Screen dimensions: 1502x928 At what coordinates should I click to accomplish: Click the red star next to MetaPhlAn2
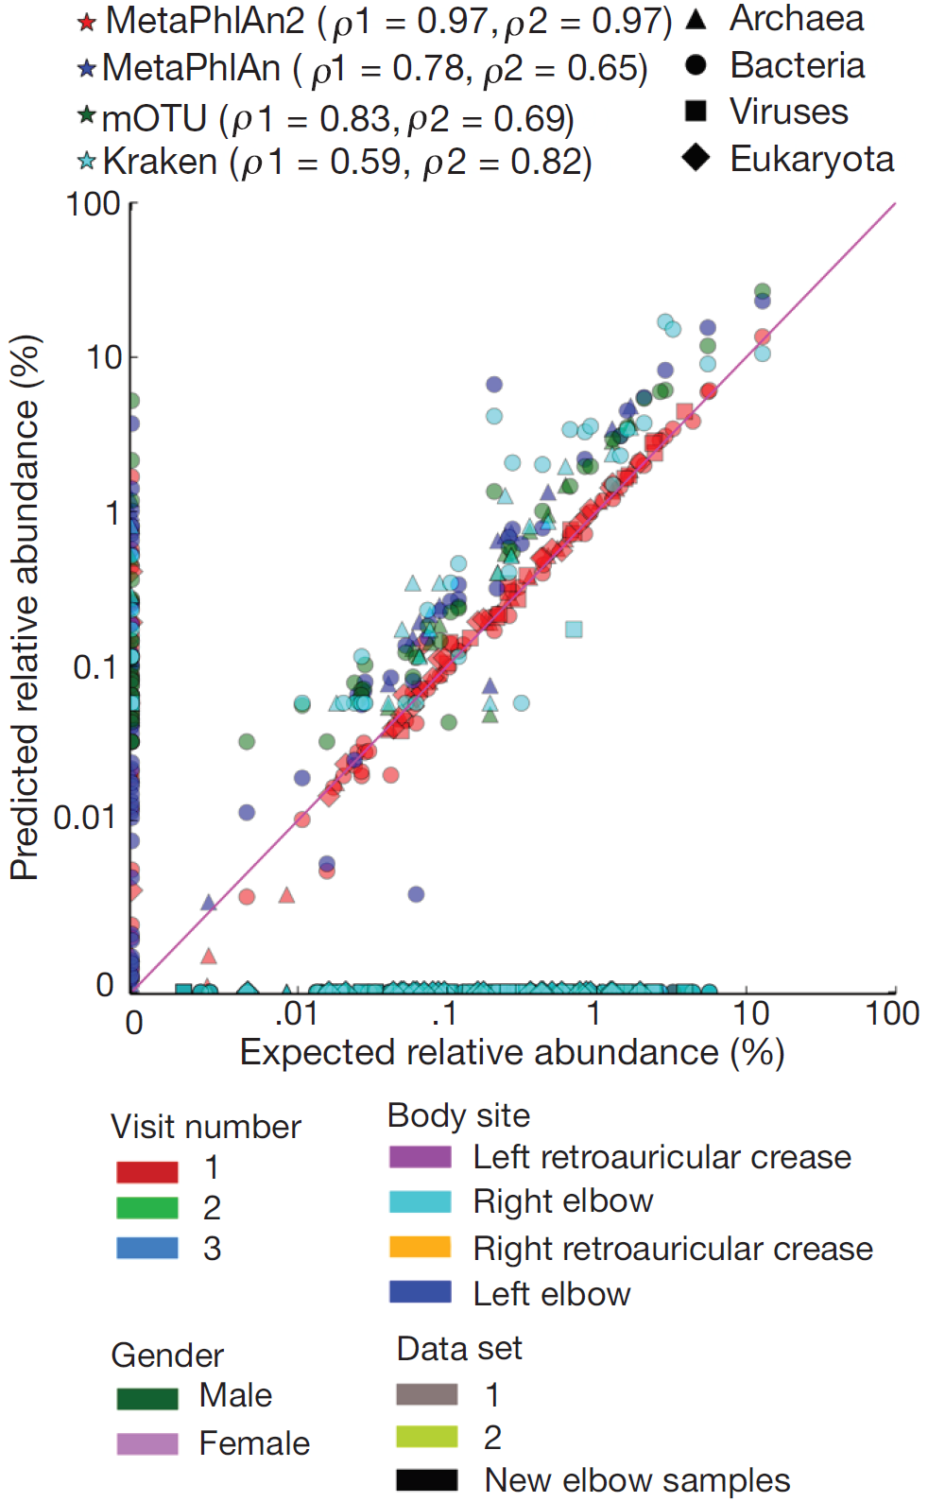coord(86,22)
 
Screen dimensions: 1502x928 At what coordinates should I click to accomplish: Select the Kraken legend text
coord(346,163)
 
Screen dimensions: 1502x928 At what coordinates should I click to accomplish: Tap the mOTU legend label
coord(336,119)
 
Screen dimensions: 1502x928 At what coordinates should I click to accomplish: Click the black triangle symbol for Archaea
coord(696,19)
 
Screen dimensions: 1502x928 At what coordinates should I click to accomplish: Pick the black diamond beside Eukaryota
coord(696,157)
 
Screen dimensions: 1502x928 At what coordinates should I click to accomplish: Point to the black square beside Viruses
coord(696,111)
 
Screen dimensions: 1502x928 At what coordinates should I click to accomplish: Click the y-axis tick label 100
coord(93,204)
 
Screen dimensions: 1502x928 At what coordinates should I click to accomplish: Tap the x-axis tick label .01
coord(296,1013)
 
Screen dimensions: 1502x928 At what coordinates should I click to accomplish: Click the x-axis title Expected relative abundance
coord(511,1052)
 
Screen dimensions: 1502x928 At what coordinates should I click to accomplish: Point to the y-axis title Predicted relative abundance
coord(26,607)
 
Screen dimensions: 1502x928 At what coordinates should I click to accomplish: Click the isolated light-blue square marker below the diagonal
coord(574,629)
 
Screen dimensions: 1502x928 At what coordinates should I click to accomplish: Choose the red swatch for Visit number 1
coord(146,1172)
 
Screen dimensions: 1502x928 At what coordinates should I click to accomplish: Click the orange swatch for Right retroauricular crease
coord(420,1248)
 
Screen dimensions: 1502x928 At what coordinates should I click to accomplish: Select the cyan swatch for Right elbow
coord(420,1201)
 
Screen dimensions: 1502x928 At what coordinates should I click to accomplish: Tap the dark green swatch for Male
coord(146,1398)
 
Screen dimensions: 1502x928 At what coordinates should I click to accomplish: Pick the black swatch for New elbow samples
coord(426,1479)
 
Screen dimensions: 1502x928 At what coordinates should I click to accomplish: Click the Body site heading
coord(458,1115)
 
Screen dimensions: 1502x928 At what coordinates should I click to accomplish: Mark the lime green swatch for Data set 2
coord(426,1438)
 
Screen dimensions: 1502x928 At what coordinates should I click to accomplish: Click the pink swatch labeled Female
coord(146,1443)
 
